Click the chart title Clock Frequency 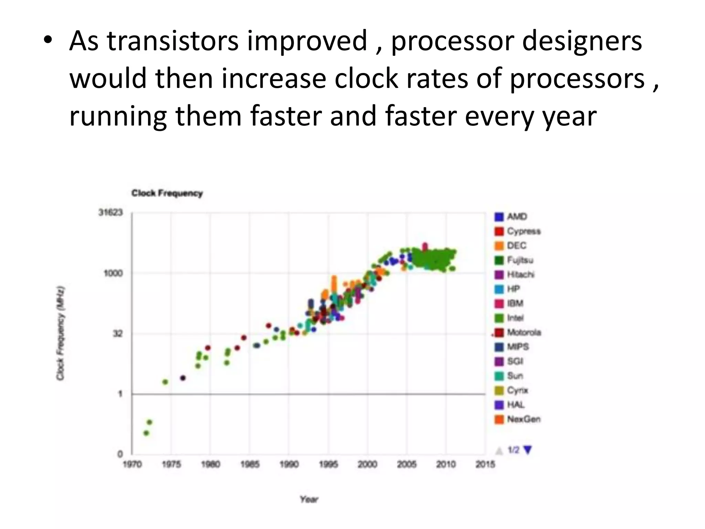pos(167,193)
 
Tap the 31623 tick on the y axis pos(111,212)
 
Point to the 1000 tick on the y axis pos(113,273)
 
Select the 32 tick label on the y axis pos(118,334)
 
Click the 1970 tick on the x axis pos(132,465)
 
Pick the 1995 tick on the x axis pos(328,465)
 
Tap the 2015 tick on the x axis pos(485,465)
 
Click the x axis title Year pos(309,499)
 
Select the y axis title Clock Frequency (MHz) pos(61,333)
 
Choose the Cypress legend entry pos(517,231)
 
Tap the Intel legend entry pos(509,318)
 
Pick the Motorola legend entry pos(517,332)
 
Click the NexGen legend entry pos(517,419)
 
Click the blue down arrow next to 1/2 pos(527,450)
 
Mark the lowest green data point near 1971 pos(146,433)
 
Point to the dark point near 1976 pos(183,378)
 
